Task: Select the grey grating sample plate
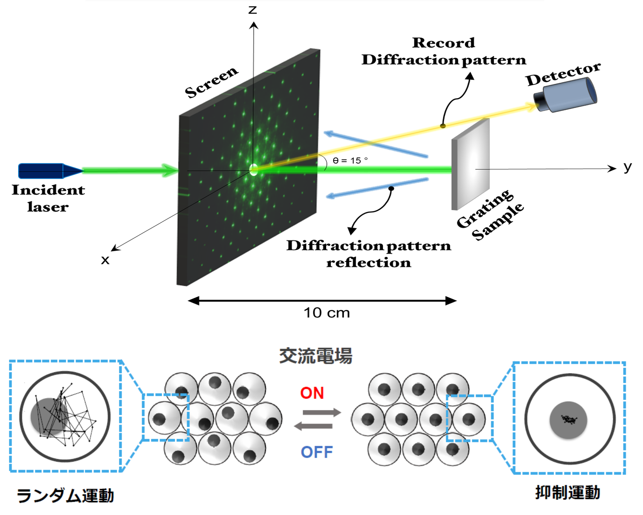tap(470, 164)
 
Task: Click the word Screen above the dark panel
tap(211, 82)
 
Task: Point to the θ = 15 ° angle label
tap(350, 160)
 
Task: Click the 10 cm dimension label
tap(327, 313)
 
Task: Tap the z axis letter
tap(253, 10)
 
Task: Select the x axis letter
tap(105, 260)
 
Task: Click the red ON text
tap(312, 393)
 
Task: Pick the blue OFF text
tap(317, 452)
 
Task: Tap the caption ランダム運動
tap(65, 495)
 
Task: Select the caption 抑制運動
tap(568, 493)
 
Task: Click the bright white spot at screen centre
tap(254, 169)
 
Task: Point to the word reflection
tap(368, 263)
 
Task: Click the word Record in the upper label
tap(443, 43)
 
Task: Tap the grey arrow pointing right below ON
tap(321, 412)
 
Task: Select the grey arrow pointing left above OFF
tap(314, 426)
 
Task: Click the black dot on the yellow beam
tap(443, 126)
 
